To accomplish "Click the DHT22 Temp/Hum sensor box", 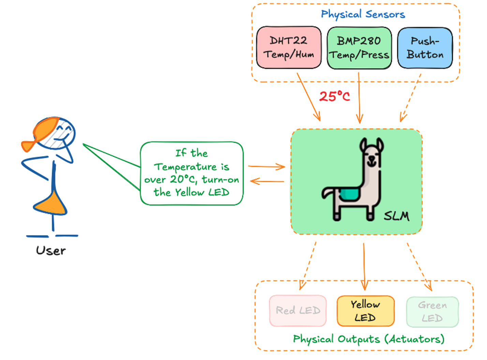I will click(289, 47).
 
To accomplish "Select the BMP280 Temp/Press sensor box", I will click(359, 48).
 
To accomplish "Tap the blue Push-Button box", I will click(425, 48).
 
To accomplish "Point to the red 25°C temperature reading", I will click(334, 96).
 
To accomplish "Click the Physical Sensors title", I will click(363, 14).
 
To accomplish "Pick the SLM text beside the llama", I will click(396, 216).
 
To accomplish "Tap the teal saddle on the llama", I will click(349, 195).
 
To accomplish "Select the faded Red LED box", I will click(298, 311).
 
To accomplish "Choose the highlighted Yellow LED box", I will click(365, 311).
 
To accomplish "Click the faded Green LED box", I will click(432, 312).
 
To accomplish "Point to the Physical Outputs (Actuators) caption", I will click(369, 339).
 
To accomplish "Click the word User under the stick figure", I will click(51, 250).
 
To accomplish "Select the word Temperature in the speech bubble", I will click(185, 167).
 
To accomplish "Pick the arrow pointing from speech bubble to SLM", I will click(266, 167).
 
